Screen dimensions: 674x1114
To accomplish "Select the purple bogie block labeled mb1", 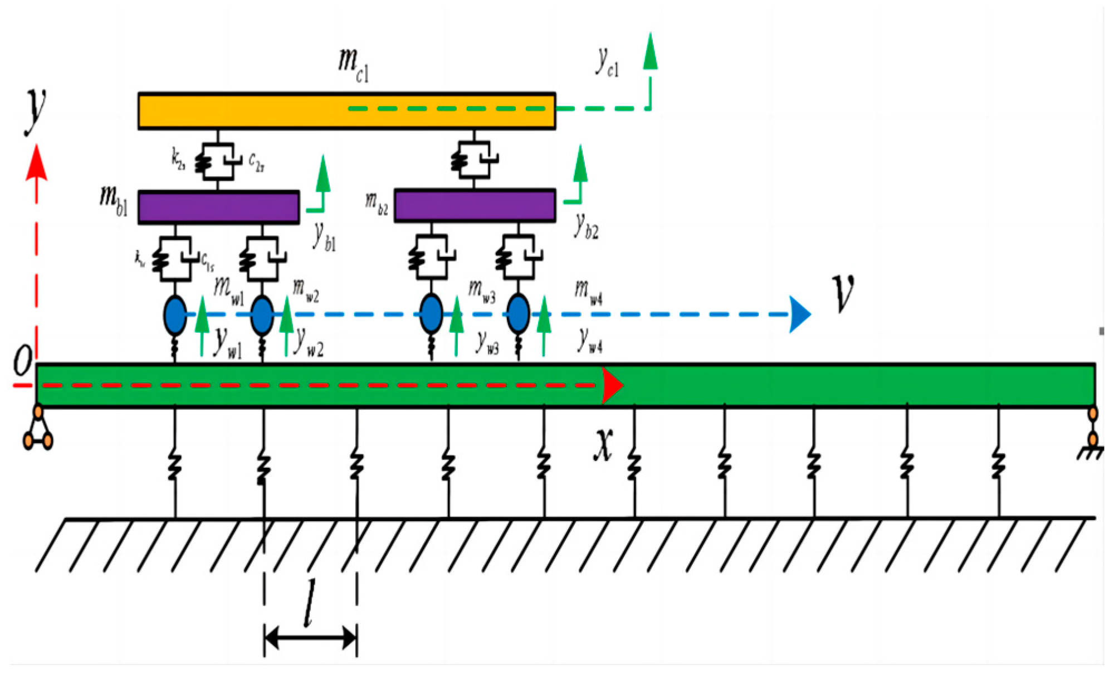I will point(218,207).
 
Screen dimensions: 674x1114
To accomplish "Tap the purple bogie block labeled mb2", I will point(475,206).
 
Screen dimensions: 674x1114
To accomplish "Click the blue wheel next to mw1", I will point(175,315).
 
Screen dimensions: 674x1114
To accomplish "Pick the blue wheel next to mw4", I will point(518,314).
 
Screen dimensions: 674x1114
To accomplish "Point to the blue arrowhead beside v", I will point(800,314).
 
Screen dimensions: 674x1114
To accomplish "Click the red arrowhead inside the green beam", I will point(612,385).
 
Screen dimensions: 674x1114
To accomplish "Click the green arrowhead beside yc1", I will point(650,51).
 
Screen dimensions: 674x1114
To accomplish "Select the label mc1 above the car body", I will point(353,64).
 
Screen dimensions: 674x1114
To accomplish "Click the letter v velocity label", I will point(842,293).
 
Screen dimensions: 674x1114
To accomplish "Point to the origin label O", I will point(23,360).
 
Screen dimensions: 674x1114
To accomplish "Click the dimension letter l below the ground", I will point(310,603).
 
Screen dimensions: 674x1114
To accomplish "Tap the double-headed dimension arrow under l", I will point(310,637).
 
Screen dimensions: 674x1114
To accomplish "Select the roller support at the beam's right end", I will point(1093,429).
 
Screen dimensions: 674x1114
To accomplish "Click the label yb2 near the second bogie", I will point(586,226).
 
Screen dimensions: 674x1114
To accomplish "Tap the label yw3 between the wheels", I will point(487,342).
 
